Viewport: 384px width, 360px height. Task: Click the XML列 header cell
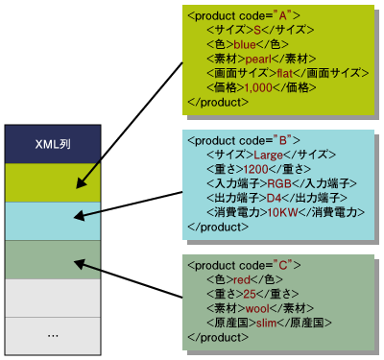pyautogui.click(x=52, y=143)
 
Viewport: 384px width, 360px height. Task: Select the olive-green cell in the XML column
pyautogui.click(x=52, y=181)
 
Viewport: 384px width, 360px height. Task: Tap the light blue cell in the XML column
pyautogui.click(x=52, y=220)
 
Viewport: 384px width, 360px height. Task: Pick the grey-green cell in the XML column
pyautogui.click(x=52, y=258)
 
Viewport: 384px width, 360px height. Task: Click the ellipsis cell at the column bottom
pyautogui.click(x=52, y=335)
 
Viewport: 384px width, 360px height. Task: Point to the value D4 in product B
pyautogui.click(x=276, y=198)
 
